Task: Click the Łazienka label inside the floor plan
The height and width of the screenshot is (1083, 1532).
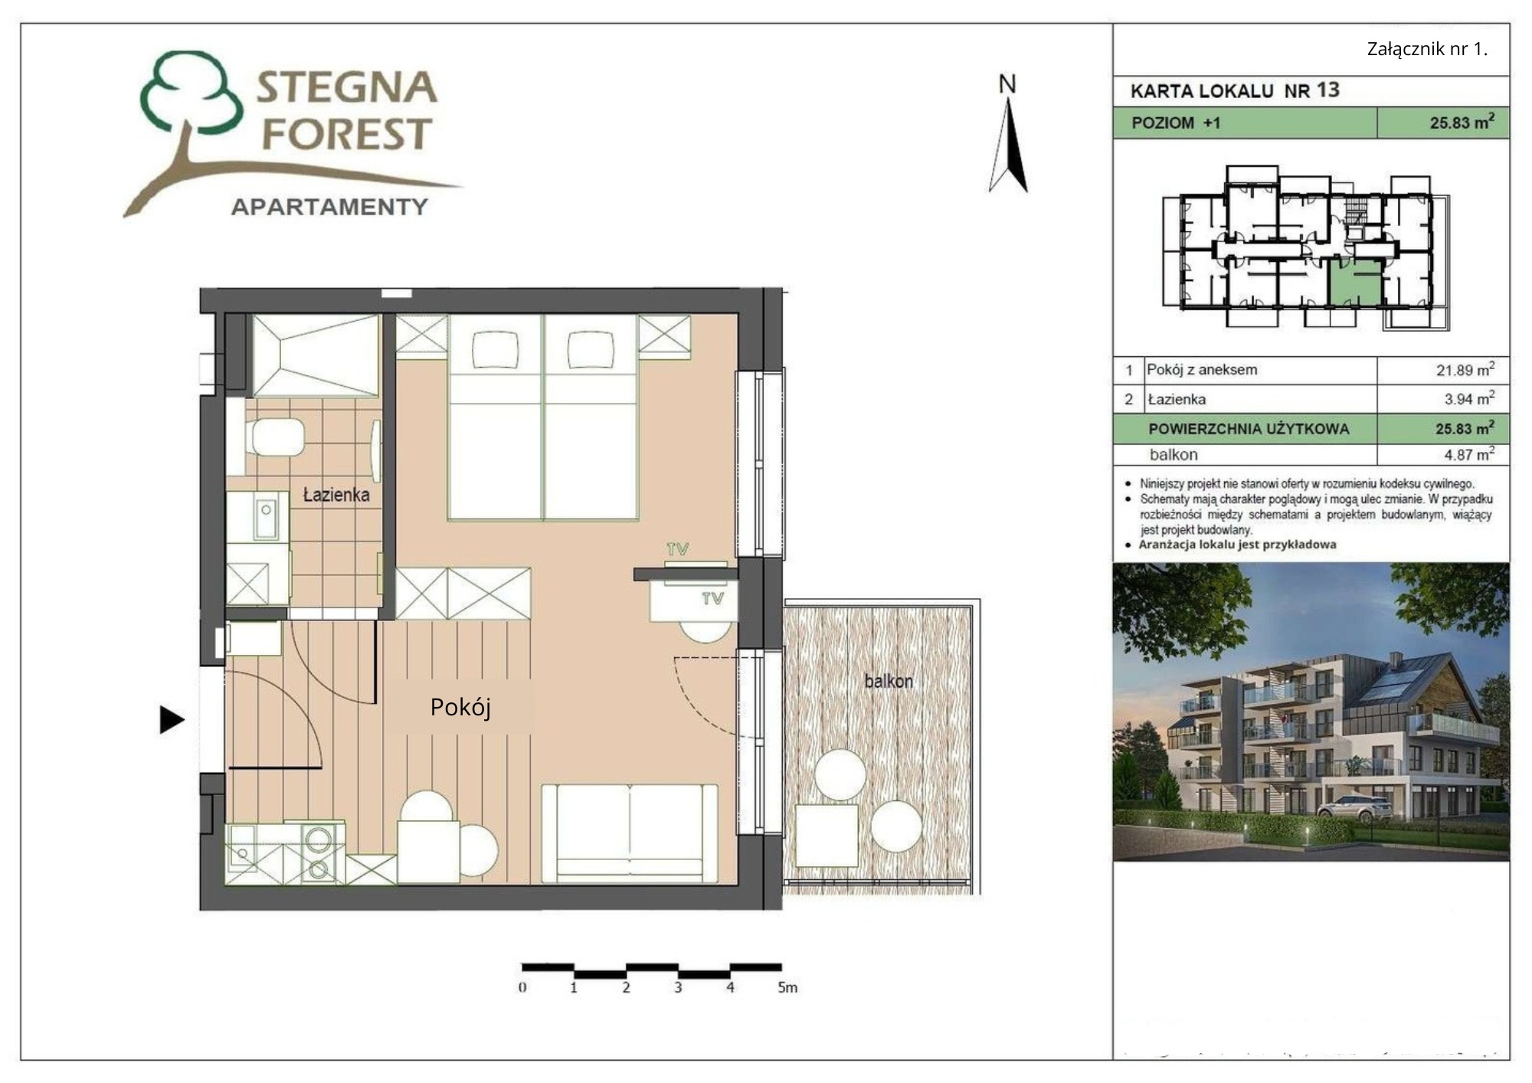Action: [x=336, y=495]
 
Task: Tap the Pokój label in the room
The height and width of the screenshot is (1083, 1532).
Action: [x=460, y=707]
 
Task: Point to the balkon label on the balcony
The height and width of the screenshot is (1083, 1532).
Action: [x=889, y=681]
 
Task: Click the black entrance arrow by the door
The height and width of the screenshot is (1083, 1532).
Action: [x=172, y=719]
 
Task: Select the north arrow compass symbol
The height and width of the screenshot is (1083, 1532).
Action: [x=1008, y=146]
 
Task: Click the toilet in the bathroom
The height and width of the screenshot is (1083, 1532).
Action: [x=274, y=437]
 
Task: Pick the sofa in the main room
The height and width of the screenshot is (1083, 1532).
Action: [x=630, y=833]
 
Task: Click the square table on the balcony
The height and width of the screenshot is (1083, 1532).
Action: [x=827, y=836]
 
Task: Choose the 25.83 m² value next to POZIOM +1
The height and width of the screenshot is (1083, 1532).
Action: [x=1462, y=122]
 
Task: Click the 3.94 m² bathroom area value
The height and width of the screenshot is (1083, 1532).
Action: [x=1469, y=398]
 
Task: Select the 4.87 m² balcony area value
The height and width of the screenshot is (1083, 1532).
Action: [x=1469, y=454]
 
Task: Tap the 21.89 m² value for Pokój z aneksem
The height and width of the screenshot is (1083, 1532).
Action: [x=1465, y=370]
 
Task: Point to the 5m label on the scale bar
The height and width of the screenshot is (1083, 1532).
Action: [x=787, y=987]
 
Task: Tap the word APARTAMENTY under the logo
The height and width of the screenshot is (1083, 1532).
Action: [x=329, y=207]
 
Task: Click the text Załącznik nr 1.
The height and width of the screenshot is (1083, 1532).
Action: [x=1427, y=49]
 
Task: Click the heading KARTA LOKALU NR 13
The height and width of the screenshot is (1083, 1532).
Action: [x=1235, y=90]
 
